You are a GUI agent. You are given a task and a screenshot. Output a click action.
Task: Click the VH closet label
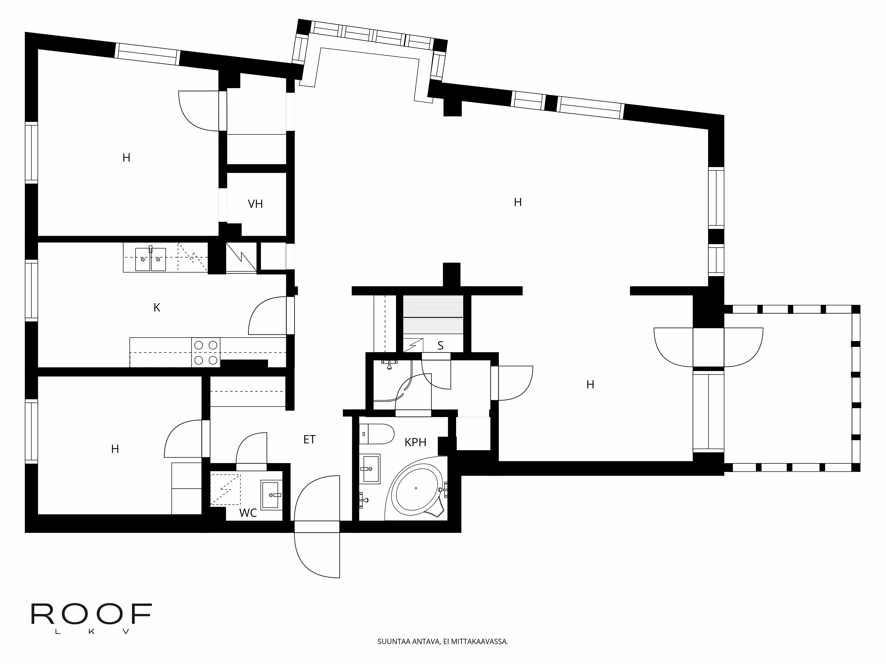255,204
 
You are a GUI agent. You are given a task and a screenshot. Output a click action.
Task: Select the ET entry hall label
309,440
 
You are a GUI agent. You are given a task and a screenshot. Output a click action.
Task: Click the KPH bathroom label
415,442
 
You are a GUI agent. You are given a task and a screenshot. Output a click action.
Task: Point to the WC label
248,513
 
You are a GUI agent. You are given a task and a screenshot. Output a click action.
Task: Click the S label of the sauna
441,346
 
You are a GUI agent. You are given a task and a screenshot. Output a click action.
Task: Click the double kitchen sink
151,259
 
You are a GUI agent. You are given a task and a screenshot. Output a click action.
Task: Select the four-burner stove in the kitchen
206,352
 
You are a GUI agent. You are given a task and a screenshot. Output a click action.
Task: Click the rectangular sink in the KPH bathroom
369,469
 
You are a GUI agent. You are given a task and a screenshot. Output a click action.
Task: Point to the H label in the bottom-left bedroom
115,449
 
